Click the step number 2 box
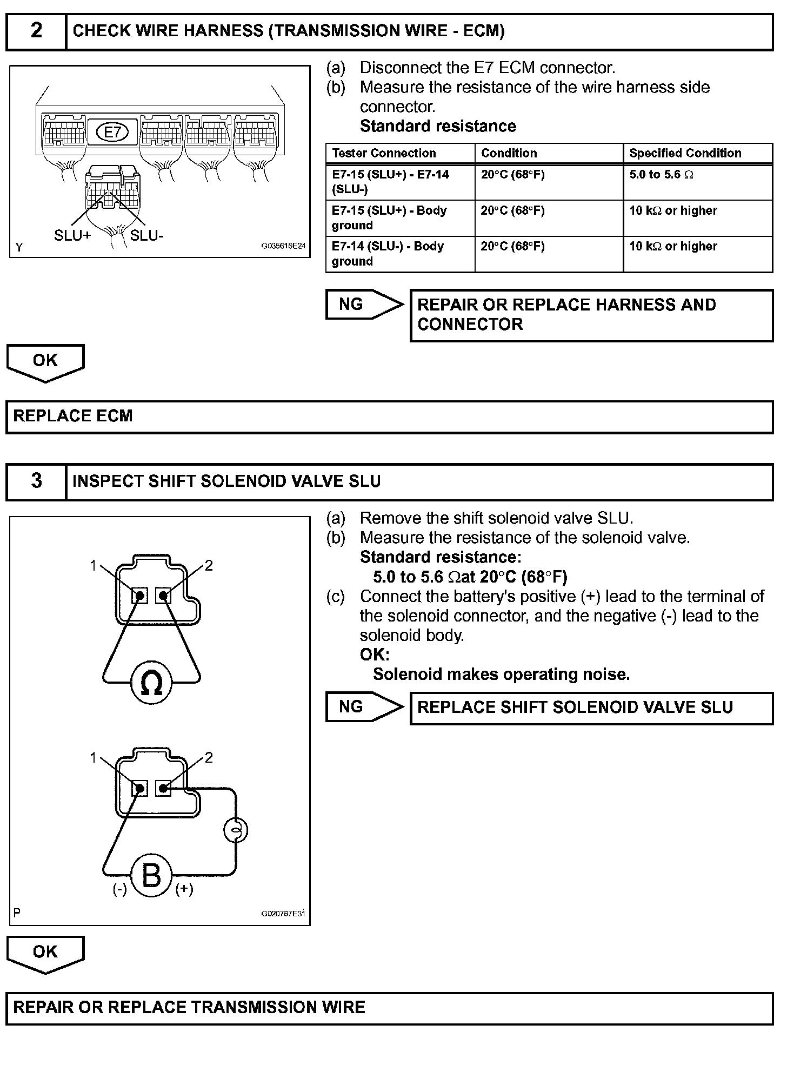[x=36, y=31]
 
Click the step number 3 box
[x=36, y=481]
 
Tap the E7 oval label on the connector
[x=112, y=132]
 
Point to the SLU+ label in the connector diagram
[x=72, y=236]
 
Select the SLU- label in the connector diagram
[x=146, y=236]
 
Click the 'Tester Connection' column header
[x=384, y=153]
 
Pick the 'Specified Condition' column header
[x=685, y=153]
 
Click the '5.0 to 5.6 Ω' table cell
[x=661, y=175]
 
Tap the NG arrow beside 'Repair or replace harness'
[x=363, y=305]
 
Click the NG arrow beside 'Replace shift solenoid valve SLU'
[x=363, y=707]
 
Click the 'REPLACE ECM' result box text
[x=73, y=416]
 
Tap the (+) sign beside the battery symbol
[x=184, y=889]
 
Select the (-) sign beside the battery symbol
[x=119, y=889]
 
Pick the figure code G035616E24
[x=283, y=246]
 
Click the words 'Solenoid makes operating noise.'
[x=501, y=675]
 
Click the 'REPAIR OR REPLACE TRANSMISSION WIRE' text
[x=189, y=1007]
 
